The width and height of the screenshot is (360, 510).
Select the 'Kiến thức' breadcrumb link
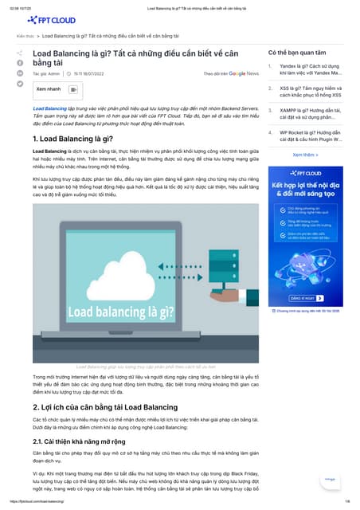pos(25,37)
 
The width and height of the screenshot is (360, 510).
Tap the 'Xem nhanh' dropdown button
pos(50,88)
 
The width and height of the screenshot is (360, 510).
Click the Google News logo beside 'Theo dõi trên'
pos(243,73)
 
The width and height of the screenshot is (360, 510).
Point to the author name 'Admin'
pos(54,73)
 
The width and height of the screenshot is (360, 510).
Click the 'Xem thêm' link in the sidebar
pos(305,155)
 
